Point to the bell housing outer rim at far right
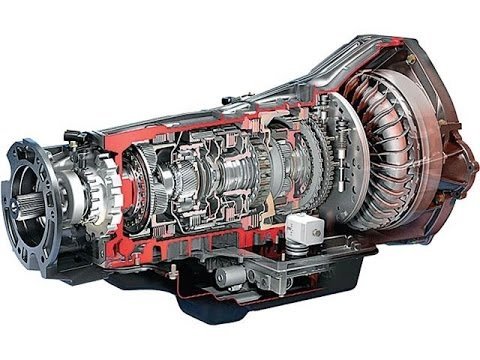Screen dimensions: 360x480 [455, 150]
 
